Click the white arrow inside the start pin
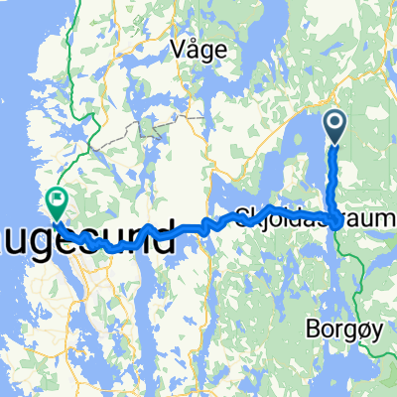334,124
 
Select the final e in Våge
219,50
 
